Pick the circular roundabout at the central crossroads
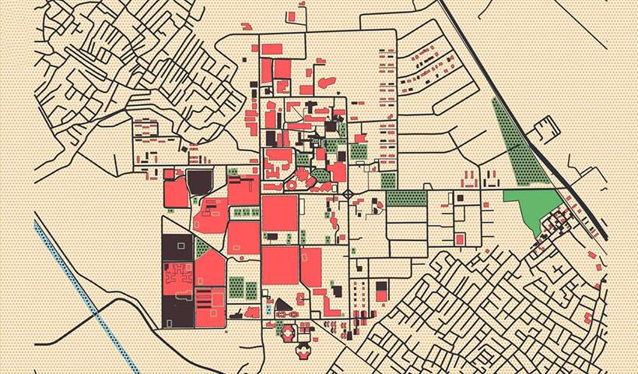click(348, 192)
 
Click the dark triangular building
click(282, 306)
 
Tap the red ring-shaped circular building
click(286, 333)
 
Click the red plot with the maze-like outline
click(177, 277)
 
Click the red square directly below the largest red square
click(280, 266)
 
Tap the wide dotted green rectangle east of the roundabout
click(406, 198)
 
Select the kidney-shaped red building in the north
click(327, 82)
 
